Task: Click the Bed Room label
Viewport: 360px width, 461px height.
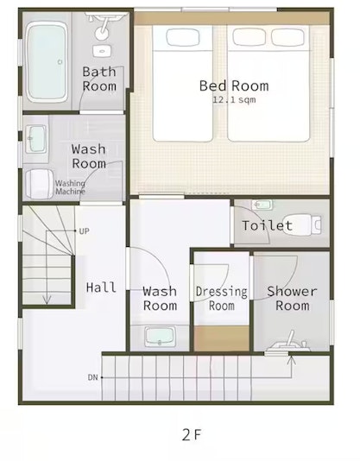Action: pos(234,85)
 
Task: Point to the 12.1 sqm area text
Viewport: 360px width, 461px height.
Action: pos(234,99)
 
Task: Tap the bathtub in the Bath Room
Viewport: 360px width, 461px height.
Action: pos(46,62)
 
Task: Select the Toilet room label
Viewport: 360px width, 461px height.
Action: pos(268,225)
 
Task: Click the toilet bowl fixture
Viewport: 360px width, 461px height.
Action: pos(301,225)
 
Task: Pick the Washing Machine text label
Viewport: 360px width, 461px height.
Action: pos(70,187)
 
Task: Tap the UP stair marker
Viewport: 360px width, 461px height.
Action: pos(84,231)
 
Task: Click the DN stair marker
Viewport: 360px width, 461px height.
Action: pos(92,377)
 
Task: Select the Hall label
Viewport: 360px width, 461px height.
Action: pos(101,287)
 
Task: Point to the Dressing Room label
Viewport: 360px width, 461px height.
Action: pos(222,299)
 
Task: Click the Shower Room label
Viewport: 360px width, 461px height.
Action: pos(293,299)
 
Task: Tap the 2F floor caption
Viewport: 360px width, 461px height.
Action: pos(192,435)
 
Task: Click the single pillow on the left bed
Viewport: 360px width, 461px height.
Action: pos(183,37)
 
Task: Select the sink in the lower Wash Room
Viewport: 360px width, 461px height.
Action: pos(160,337)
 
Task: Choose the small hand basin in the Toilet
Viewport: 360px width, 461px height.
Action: pos(262,205)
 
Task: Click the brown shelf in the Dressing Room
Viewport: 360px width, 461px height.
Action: pos(222,338)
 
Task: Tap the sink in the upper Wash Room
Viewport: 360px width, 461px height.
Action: pos(36,139)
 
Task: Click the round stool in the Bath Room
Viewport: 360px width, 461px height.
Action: pos(101,33)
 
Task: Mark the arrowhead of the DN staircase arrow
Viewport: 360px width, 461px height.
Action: pos(291,360)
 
